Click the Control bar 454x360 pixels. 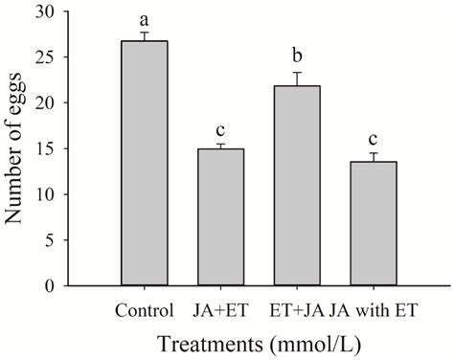[143, 163]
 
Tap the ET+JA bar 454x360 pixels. [297, 186]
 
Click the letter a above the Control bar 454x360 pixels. [143, 20]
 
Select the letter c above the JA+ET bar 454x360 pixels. [220, 129]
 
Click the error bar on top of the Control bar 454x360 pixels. [143, 36]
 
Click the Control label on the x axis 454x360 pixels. [143, 310]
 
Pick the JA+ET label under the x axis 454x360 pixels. [220, 310]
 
